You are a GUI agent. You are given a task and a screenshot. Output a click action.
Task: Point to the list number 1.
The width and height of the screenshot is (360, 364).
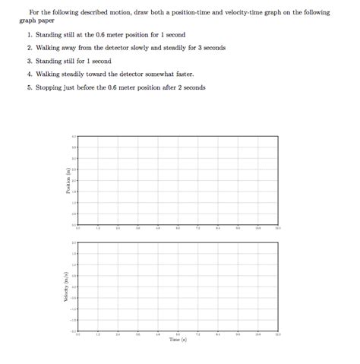[x=29, y=35]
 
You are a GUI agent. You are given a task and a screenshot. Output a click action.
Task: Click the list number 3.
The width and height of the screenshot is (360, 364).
[x=29, y=61]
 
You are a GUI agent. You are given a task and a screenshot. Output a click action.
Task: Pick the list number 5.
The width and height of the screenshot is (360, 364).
[x=29, y=87]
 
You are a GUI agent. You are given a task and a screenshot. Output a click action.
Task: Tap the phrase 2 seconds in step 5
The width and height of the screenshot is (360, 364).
[x=190, y=87]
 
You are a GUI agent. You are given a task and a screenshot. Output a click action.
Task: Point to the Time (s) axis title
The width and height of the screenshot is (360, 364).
[x=178, y=340]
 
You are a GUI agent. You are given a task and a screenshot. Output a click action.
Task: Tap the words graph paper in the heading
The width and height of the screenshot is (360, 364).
[x=35, y=21]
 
